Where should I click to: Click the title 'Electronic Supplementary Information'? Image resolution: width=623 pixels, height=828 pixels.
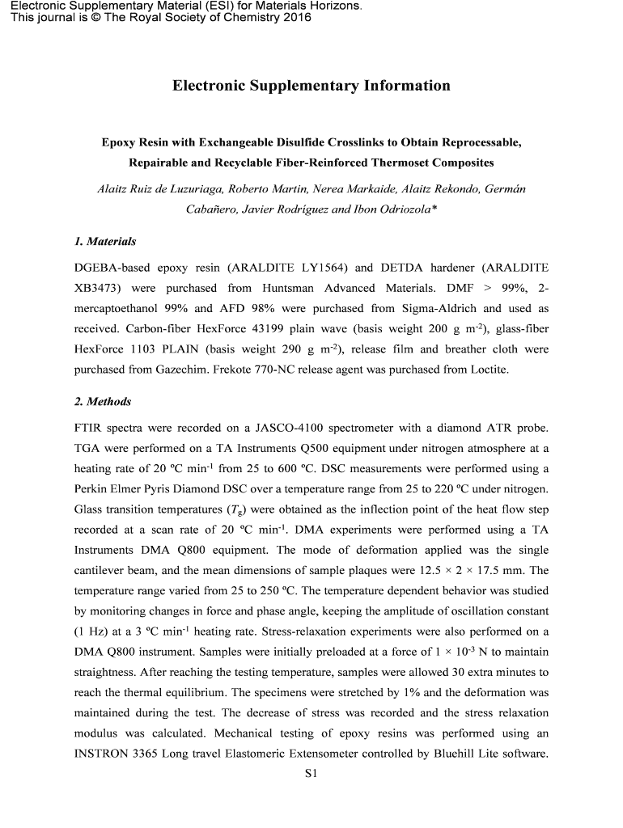311,86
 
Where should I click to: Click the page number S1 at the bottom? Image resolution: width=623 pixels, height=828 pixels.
311,774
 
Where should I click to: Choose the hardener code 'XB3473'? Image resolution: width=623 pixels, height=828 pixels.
100,288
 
